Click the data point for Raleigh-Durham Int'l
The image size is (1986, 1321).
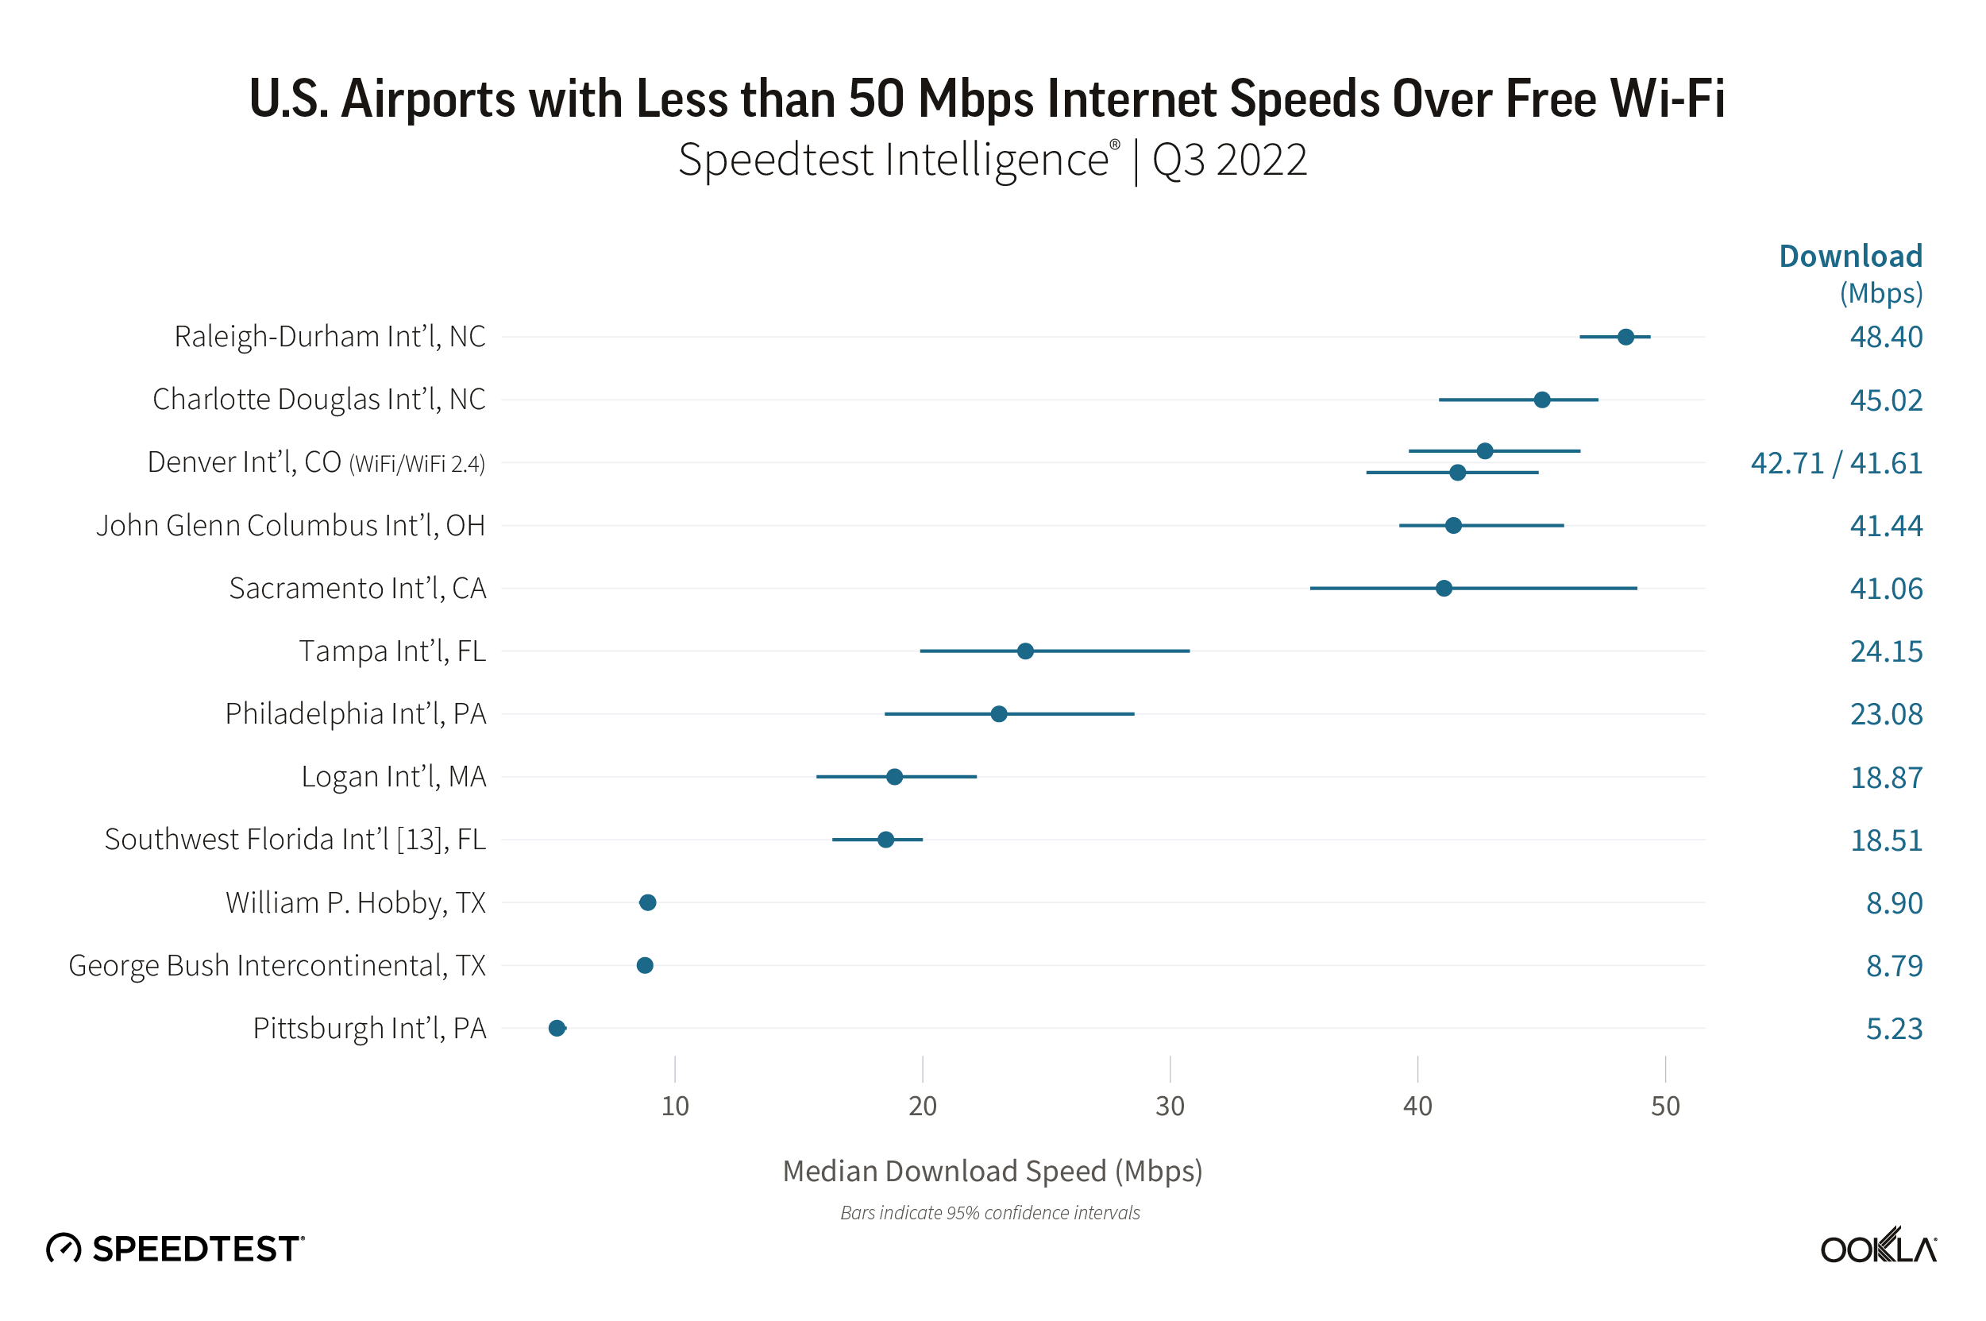pyautogui.click(x=1625, y=337)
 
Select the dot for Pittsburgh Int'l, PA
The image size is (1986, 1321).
pyautogui.click(x=557, y=1028)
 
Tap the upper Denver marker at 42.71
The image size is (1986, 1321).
pyautogui.click(x=1484, y=450)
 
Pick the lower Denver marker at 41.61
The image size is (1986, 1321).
pyautogui.click(x=1457, y=473)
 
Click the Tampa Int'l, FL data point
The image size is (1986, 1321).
pyautogui.click(x=1025, y=651)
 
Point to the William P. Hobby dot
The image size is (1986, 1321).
pyautogui.click(x=648, y=902)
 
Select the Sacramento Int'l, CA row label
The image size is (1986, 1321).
pyautogui.click(x=357, y=588)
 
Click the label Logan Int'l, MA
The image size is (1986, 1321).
pyautogui.click(x=393, y=777)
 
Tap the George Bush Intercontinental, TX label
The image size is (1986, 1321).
pyautogui.click(x=277, y=965)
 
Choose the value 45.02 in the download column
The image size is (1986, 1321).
pyautogui.click(x=1885, y=400)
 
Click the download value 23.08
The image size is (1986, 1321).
pyautogui.click(x=1885, y=714)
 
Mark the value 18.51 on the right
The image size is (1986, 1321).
pyautogui.click(x=1885, y=840)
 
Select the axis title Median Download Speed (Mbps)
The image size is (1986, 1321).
pyautogui.click(x=992, y=1171)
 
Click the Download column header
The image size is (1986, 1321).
pyautogui.click(x=1849, y=256)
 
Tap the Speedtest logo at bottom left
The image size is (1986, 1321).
pyautogui.click(x=175, y=1249)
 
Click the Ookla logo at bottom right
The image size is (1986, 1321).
pyautogui.click(x=1877, y=1247)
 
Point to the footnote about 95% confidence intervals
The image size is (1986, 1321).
pyautogui.click(x=989, y=1212)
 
